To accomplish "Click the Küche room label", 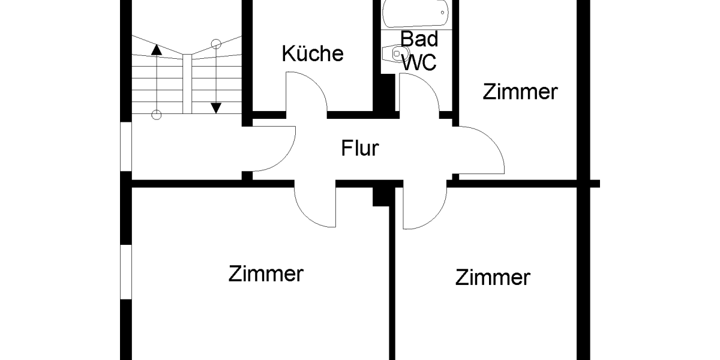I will pos(313,53).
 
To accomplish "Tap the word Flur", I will pos(360,148).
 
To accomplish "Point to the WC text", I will pos(419,61).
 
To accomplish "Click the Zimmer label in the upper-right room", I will pos(520,92).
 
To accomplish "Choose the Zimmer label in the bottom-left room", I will pos(266,274).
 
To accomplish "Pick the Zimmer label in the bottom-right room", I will pos(493,277).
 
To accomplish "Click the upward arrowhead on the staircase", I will pos(156,50).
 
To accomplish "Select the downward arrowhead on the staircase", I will pos(216,108).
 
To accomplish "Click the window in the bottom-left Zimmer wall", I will pos(125,271).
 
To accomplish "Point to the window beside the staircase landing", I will pos(125,147).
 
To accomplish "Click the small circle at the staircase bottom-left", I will pos(156,114).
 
